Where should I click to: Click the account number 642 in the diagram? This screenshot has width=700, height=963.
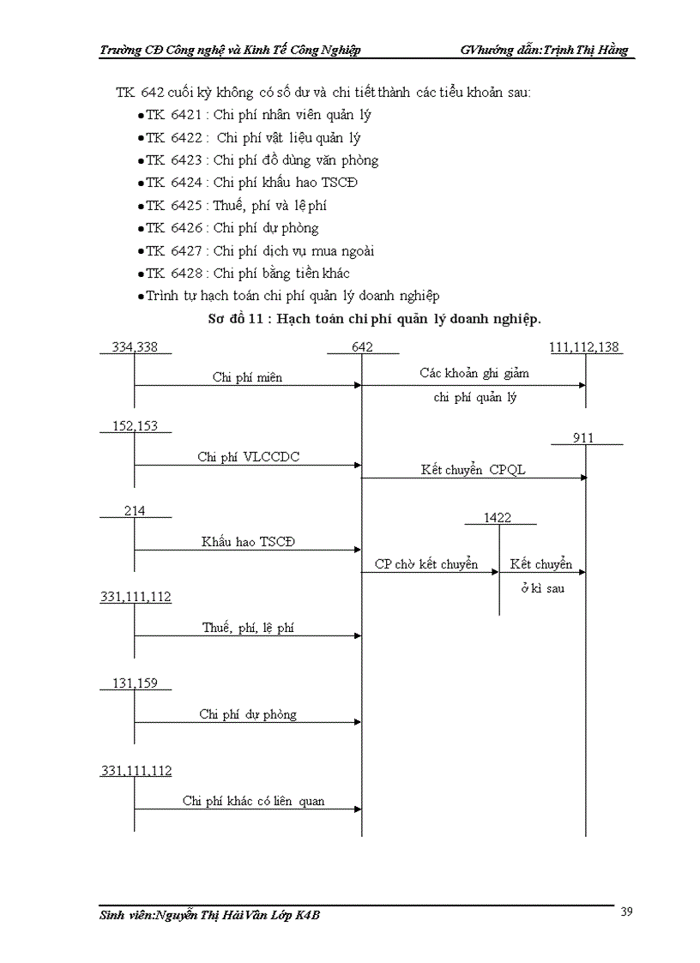pos(362,346)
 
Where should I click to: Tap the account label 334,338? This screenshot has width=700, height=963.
pos(135,346)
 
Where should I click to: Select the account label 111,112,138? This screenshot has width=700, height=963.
pos(586,346)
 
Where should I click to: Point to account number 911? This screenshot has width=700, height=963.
pos(584,438)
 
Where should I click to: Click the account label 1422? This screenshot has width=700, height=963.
pos(498,517)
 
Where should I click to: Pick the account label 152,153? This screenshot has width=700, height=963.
pos(135,426)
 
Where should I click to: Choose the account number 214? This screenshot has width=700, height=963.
pos(135,511)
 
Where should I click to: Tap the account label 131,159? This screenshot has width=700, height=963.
pos(135,683)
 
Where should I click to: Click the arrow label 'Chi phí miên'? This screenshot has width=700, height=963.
pos(247,377)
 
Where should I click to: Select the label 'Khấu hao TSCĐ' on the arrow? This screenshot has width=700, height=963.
pos(249,542)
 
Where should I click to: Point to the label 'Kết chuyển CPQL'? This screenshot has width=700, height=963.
pos(473,470)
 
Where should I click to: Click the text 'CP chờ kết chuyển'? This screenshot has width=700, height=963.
pos(425,564)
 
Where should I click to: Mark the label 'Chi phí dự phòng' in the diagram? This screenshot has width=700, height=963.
pos(248,714)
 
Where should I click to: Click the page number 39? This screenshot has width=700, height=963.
pos(626,912)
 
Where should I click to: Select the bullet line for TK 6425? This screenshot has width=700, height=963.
pos(236,206)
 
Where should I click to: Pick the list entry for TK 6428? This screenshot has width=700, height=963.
pos(247,274)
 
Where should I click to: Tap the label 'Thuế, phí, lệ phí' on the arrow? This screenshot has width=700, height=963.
pos(248,628)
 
